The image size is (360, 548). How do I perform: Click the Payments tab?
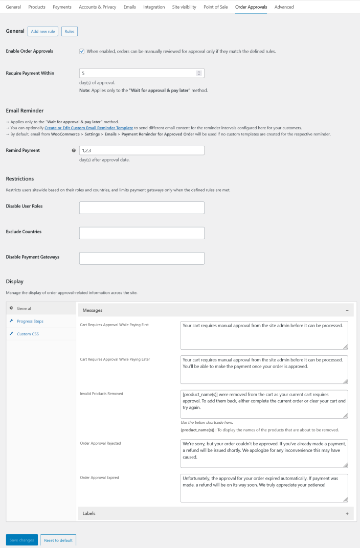point(62,7)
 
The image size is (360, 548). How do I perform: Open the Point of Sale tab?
point(216,7)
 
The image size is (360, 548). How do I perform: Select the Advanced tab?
point(284,7)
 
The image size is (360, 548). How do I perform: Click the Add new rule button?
point(42,32)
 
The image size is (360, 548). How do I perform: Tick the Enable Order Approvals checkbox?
point(82,51)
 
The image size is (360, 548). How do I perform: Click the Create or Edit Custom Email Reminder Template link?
point(89,128)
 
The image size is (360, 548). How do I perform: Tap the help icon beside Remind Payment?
point(74,150)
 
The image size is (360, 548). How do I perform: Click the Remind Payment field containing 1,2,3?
point(142,150)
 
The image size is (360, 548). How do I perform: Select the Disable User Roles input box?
point(142,208)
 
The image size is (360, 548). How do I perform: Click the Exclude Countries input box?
point(142,233)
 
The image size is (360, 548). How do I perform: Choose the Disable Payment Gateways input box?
point(142,258)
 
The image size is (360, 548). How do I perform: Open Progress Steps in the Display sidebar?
point(30,321)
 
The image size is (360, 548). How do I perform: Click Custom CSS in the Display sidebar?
point(28,334)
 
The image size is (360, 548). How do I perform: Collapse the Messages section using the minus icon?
point(347,310)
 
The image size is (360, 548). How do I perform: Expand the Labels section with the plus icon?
point(347,513)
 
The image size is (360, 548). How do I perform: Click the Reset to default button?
point(58,540)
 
